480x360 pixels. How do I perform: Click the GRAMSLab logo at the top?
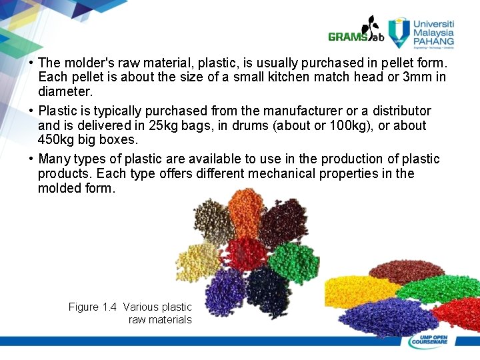click(357, 33)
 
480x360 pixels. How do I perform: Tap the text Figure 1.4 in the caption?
click(93, 307)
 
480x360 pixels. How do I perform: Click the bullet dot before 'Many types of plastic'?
click(31, 159)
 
